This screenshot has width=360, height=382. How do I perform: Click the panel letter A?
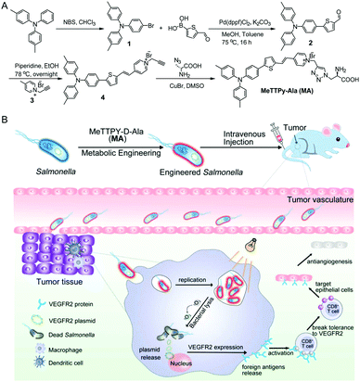tap(6, 6)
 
